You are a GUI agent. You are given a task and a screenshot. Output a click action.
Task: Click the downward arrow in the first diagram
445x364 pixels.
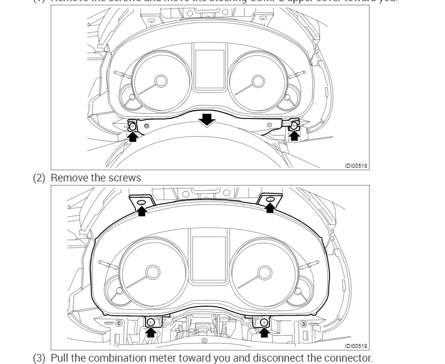point(206,120)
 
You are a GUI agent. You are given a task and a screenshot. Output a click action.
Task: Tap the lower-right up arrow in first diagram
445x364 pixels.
point(294,135)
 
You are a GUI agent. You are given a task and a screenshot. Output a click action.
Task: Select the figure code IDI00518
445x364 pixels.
point(356,166)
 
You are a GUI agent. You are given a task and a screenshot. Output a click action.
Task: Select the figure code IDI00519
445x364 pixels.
point(356,346)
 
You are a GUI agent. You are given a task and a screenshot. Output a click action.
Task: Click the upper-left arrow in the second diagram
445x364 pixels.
point(141,210)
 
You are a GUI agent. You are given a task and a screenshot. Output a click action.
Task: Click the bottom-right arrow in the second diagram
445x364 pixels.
point(264,332)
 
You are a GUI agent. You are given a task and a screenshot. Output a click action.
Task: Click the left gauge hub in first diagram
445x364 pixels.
point(160,81)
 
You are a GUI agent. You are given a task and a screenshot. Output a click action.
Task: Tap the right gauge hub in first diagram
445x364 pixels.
point(258,81)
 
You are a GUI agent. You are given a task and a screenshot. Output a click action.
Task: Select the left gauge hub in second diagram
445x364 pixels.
point(153,272)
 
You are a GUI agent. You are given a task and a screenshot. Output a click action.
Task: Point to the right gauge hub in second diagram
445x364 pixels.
point(265,272)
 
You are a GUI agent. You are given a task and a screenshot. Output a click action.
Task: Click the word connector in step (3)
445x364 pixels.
point(351,358)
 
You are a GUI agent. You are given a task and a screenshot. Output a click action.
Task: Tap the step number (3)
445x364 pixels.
point(39,358)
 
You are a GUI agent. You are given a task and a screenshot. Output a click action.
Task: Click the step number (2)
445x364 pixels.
point(39,177)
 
